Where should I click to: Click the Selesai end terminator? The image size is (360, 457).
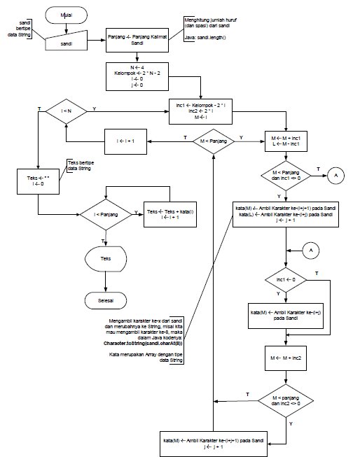coord(105,300)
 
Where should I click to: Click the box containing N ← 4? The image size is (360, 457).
coord(138,76)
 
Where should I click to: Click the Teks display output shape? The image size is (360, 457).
coord(105,258)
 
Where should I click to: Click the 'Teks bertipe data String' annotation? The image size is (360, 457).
coord(80,166)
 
